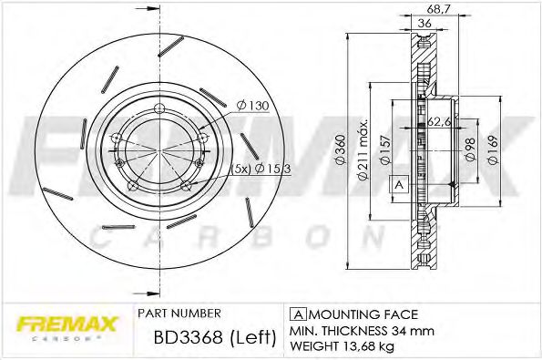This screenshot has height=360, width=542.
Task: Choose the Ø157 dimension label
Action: coord(387,149)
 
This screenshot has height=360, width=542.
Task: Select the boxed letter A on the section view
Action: coord(397,184)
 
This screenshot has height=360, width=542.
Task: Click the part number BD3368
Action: coord(179,338)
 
